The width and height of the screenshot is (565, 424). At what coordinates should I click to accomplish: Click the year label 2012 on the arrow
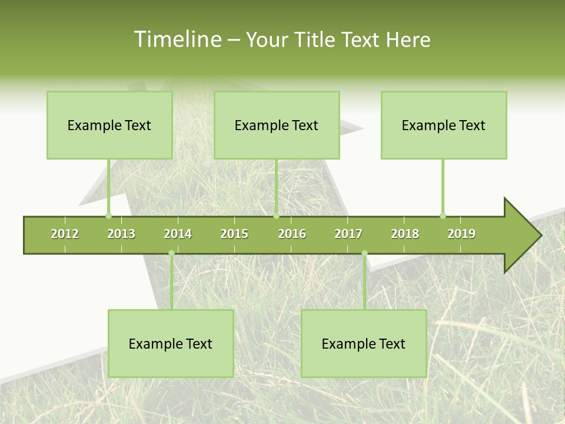tap(65, 234)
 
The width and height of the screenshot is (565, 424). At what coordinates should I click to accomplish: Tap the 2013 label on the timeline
tap(121, 234)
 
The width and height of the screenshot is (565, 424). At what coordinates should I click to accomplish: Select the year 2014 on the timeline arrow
tap(178, 234)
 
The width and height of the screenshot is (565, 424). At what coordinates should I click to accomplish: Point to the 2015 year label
tap(234, 234)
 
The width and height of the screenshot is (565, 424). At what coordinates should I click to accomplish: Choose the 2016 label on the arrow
tap(292, 234)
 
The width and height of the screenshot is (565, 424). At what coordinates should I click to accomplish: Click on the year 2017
tap(348, 234)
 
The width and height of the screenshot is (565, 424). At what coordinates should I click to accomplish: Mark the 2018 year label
tap(405, 234)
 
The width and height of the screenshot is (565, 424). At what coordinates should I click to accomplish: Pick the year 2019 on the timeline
tap(461, 234)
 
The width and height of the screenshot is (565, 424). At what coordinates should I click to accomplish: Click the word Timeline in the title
tap(177, 39)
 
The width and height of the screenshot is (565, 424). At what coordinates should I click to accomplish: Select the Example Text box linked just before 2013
tap(109, 125)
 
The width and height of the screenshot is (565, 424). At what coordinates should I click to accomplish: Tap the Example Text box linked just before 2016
tap(277, 125)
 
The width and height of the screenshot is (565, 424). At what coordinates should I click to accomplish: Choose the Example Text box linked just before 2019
tap(444, 125)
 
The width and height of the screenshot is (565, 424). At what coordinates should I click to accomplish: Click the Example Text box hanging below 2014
tap(171, 343)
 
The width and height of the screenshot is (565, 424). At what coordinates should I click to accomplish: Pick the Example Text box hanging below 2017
tap(364, 343)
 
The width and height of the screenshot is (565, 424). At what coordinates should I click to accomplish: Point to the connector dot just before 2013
tap(108, 216)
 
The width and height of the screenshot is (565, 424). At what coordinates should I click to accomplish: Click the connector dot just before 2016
tap(276, 216)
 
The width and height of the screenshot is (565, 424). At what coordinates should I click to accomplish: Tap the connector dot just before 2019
tap(443, 216)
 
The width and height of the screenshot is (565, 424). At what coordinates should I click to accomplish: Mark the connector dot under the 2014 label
tap(171, 253)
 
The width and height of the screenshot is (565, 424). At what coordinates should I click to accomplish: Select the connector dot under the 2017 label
tap(364, 253)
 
